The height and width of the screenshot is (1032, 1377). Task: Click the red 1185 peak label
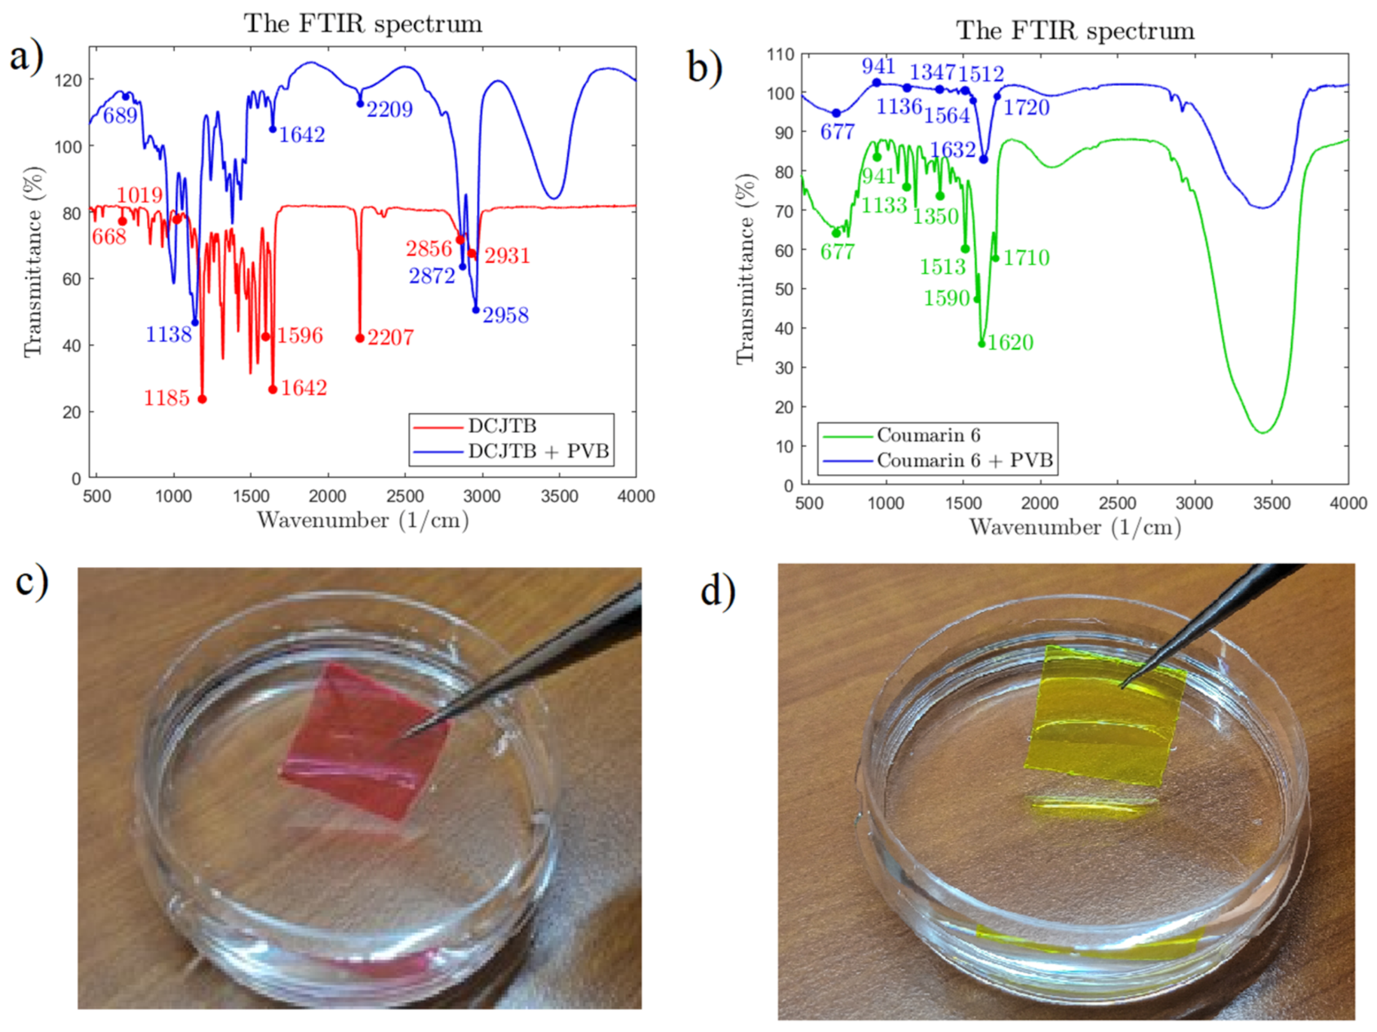166,399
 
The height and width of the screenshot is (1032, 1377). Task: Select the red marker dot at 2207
360,338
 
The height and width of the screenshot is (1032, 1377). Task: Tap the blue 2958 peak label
505,315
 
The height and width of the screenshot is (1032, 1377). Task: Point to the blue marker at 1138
196,322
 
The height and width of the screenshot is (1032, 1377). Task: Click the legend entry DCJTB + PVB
538,451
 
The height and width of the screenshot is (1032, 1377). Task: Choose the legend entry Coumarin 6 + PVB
964,460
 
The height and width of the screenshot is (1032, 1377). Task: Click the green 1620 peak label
1010,343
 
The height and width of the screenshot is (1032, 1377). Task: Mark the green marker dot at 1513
965,249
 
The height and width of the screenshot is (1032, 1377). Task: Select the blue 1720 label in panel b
1026,108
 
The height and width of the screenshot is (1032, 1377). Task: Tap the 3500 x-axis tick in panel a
559,496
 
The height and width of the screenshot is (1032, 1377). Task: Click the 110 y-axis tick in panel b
780,55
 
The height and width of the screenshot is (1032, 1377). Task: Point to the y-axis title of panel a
33,261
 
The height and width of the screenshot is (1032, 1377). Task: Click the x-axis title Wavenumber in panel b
1075,527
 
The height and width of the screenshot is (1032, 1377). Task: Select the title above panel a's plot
362,24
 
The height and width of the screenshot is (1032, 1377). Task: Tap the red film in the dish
363,742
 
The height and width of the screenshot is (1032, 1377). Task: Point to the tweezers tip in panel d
1122,686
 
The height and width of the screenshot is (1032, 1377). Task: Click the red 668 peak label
109,237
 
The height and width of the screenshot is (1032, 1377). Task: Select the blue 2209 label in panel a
389,110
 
